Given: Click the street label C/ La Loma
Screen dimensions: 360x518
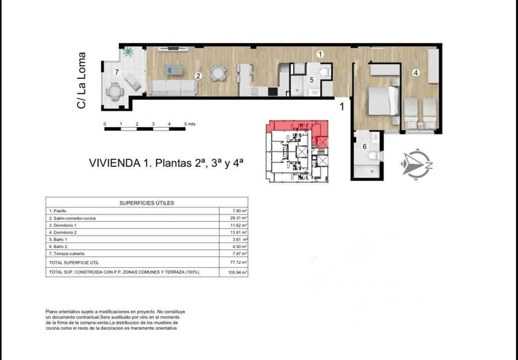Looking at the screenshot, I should [x=82, y=80].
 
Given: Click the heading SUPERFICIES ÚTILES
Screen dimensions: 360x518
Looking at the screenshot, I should [x=146, y=203].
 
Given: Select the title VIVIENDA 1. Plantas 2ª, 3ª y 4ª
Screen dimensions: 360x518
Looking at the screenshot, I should [x=167, y=163].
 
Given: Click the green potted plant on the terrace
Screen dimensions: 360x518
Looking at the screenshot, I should [x=128, y=52].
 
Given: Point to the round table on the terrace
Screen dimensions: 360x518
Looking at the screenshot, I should [x=113, y=93].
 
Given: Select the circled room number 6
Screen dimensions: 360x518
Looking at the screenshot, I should [x=365, y=147].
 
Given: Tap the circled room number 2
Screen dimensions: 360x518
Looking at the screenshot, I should [x=199, y=76].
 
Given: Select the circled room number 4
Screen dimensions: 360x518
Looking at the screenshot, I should [x=416, y=72].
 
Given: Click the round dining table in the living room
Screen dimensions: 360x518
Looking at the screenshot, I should [x=218, y=73].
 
